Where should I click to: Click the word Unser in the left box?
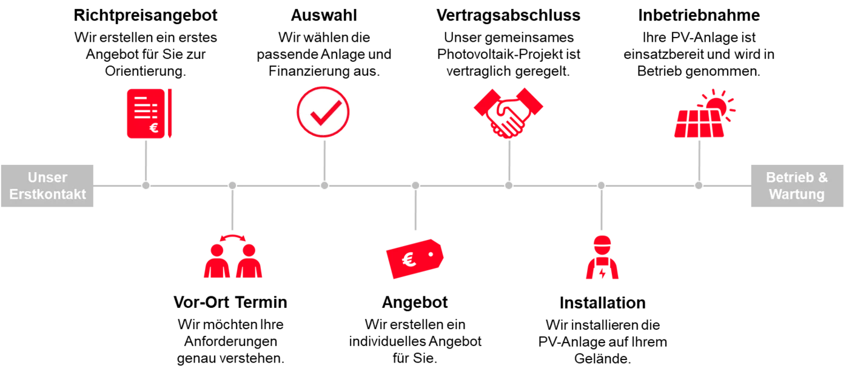pyautogui.click(x=47, y=178)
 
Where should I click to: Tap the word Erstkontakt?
pyautogui.click(x=47, y=195)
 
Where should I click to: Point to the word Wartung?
pyautogui.click(x=796, y=195)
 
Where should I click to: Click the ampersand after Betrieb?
pyautogui.click(x=822, y=178)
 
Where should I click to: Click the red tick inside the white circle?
pyautogui.click(x=325, y=112)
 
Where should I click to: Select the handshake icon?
pyautogui.click(x=508, y=113)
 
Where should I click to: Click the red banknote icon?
pyautogui.click(x=415, y=257)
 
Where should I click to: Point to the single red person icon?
pyautogui.click(x=602, y=258)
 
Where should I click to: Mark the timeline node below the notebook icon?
pyautogui.click(x=146, y=185)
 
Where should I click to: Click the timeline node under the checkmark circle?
pyautogui.click(x=324, y=185)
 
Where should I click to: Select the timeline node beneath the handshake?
pyautogui.click(x=509, y=185)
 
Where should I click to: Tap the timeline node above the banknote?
pyautogui.click(x=415, y=185)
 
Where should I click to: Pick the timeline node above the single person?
pyautogui.click(x=601, y=185)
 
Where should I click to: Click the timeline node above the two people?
pyautogui.click(x=232, y=185)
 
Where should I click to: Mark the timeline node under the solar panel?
pyautogui.click(x=699, y=185)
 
